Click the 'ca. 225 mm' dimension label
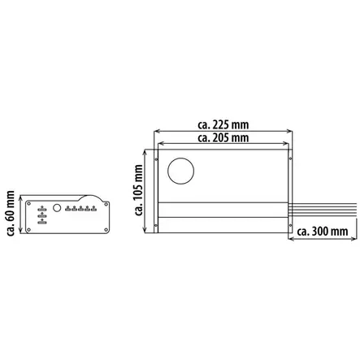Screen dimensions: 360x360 tap(223, 125)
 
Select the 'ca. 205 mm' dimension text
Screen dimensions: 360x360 tap(223, 138)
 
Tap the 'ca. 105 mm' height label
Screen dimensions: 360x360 tap(138, 190)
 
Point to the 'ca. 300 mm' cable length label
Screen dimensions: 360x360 tap(323, 232)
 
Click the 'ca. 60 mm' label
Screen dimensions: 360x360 tap(11, 213)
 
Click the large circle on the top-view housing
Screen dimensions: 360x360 tap(180, 171)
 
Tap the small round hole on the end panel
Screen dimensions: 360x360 tap(57, 208)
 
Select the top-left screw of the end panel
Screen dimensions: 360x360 tap(28, 203)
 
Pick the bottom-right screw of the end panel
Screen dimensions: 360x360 tap(106, 230)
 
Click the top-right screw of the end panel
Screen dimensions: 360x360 tap(106, 204)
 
